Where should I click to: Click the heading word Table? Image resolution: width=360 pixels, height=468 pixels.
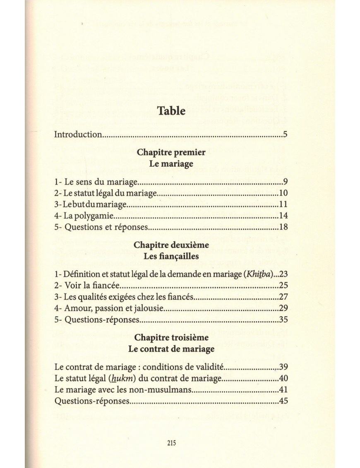click(171, 110)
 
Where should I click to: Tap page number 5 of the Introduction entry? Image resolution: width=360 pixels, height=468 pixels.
click(286, 134)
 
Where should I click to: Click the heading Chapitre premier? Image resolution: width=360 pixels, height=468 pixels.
click(171, 152)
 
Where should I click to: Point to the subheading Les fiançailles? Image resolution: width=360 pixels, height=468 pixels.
click(171, 256)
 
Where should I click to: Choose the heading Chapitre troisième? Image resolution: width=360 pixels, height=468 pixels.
click(171, 338)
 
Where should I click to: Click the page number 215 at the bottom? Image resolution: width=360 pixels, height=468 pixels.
click(172, 442)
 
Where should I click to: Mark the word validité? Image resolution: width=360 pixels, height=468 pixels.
click(209, 367)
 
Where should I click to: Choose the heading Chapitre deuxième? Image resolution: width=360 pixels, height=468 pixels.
click(171, 245)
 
